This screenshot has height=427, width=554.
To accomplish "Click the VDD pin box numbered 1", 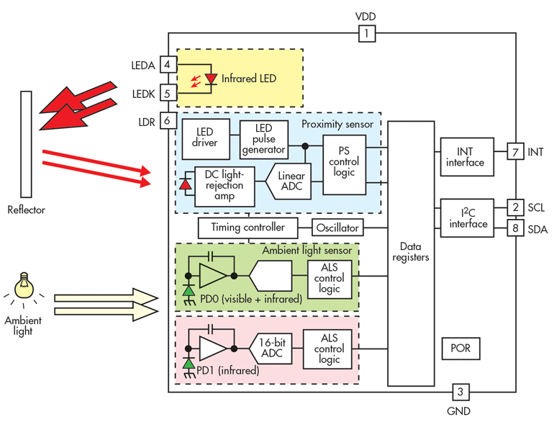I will [x=366, y=33].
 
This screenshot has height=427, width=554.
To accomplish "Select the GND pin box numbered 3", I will [x=461, y=392].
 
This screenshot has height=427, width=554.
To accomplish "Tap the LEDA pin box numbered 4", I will [x=168, y=65].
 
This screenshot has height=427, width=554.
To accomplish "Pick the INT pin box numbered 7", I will [x=515, y=153].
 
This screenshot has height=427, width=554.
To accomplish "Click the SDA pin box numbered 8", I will [x=515, y=228].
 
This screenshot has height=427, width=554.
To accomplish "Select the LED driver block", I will [x=204, y=139].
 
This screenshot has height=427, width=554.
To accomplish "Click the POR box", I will [x=460, y=349].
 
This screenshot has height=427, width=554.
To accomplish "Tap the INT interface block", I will [x=466, y=157].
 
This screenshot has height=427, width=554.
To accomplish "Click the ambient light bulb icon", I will [x=25, y=283].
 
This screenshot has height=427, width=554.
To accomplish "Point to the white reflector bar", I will [x=27, y=144].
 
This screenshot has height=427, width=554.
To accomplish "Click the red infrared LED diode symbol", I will [x=210, y=77].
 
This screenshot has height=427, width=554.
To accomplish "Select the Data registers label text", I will [x=412, y=251].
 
